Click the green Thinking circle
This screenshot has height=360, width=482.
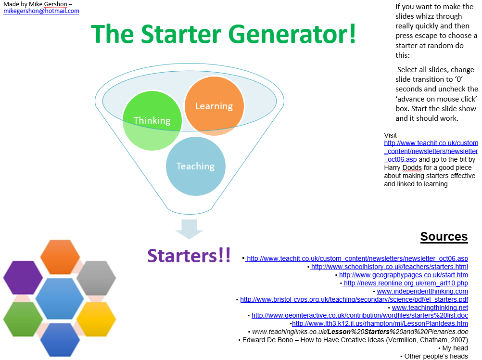(x=152, y=120)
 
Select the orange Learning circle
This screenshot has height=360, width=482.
(x=214, y=106)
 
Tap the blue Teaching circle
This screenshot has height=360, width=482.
(x=195, y=166)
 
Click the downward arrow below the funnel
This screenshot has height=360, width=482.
(x=189, y=229)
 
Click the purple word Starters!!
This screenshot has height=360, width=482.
(x=189, y=256)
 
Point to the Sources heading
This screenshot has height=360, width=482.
(x=444, y=236)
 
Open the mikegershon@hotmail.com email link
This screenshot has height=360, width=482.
(x=41, y=11)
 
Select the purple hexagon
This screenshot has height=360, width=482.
(x=23, y=278)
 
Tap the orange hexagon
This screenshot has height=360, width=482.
(x=60, y=257)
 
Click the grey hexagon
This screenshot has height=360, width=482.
(x=96, y=278)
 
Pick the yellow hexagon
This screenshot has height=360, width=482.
(x=96, y=319)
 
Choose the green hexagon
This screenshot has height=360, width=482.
(x=23, y=319)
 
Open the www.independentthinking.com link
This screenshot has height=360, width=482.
(x=422, y=291)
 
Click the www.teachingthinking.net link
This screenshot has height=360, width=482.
(x=430, y=308)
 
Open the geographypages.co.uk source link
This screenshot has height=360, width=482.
(x=403, y=275)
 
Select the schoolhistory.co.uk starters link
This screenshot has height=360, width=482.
(x=390, y=267)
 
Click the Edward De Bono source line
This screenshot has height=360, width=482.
(x=353, y=340)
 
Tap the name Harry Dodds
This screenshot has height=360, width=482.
(x=403, y=167)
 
